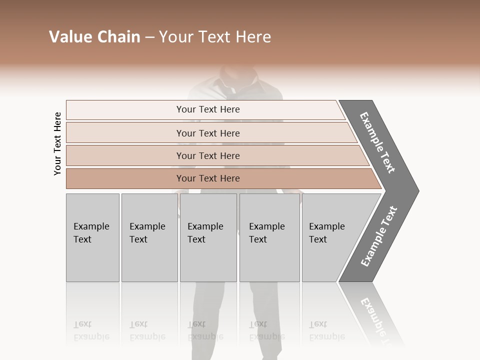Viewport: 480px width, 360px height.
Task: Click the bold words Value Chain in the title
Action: click(x=94, y=37)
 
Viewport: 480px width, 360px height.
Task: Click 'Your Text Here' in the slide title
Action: click(x=215, y=37)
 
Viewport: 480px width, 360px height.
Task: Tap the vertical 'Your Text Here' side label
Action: click(x=57, y=143)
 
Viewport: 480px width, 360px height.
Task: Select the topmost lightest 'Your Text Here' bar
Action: click(x=207, y=109)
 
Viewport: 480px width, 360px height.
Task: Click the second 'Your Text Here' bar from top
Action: click(x=207, y=133)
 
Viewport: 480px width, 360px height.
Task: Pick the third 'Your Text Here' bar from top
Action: click(x=207, y=155)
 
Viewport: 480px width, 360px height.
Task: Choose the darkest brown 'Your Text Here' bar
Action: click(x=207, y=178)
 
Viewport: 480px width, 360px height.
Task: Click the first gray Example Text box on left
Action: click(x=92, y=237)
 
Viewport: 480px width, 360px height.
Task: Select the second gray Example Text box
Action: click(x=149, y=237)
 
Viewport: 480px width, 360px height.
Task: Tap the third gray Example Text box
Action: click(x=208, y=237)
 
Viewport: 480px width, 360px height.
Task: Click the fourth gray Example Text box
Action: click(x=269, y=237)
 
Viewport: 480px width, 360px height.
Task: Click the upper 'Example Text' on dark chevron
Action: click(x=377, y=142)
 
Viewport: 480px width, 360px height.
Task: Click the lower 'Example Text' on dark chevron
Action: click(x=378, y=236)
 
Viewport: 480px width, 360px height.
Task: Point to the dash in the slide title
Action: click(x=149, y=37)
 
